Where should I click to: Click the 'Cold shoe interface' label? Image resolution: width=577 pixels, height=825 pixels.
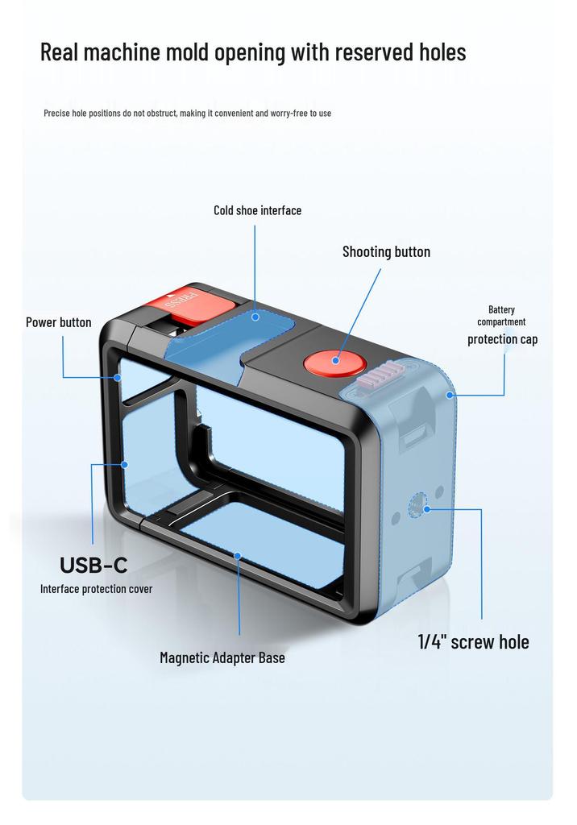(257, 210)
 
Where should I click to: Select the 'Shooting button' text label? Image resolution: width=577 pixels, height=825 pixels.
(387, 252)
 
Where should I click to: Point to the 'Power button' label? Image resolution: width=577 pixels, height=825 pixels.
(59, 322)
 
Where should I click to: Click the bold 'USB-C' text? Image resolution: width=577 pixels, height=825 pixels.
(93, 565)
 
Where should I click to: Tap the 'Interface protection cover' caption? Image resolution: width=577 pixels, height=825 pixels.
(97, 589)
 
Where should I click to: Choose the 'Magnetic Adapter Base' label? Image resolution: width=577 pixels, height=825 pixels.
(222, 657)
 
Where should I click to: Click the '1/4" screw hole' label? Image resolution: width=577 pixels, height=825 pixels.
(473, 642)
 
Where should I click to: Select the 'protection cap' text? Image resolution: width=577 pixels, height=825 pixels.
(503, 339)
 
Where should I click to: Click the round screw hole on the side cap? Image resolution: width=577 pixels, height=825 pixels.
(417, 505)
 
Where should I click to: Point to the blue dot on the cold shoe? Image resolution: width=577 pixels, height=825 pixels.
(255, 317)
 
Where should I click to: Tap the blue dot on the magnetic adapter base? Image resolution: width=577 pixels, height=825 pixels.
(238, 556)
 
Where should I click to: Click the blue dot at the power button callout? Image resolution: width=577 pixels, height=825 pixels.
(118, 377)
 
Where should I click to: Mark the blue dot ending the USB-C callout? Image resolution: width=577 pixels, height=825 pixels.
(125, 465)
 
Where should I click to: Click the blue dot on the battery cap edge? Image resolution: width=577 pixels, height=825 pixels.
(450, 395)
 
